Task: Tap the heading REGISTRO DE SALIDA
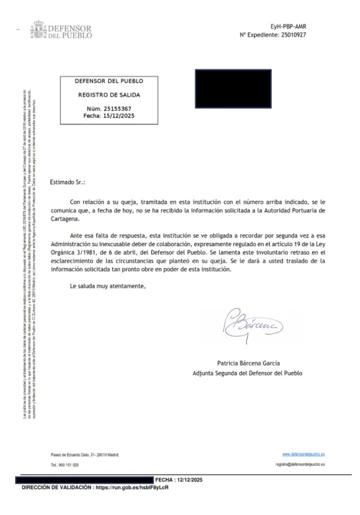coord(110,94)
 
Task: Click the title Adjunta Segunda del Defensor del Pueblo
coord(248,373)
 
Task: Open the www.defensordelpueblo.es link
coord(303,454)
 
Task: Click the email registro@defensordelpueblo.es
coord(300,464)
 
